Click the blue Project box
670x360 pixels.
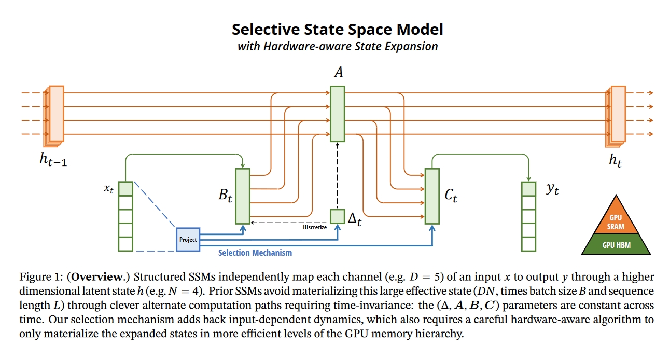click(x=188, y=240)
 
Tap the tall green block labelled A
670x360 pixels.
click(x=337, y=114)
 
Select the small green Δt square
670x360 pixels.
click(x=337, y=216)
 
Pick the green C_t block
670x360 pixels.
click(x=432, y=196)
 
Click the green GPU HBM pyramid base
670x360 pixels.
click(x=616, y=244)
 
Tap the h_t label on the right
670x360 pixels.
click(x=615, y=161)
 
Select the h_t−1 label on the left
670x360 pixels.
click(x=53, y=160)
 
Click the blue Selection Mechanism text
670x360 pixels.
click(x=255, y=253)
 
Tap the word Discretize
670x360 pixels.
click(x=314, y=227)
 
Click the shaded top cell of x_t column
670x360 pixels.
click(x=125, y=188)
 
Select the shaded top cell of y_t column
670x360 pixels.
click(x=528, y=189)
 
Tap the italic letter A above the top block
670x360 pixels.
click(x=339, y=72)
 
